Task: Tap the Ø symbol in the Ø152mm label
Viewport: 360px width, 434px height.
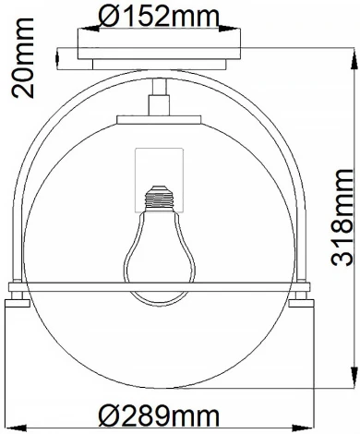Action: [107, 16]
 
